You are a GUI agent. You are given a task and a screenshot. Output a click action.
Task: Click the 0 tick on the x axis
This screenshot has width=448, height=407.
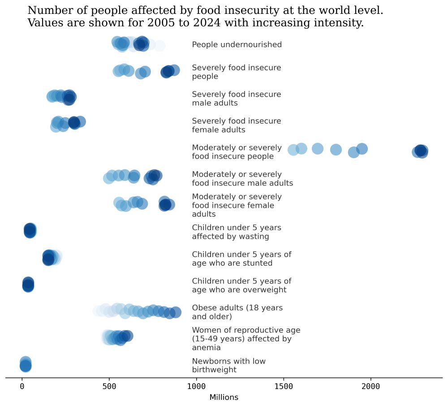coord(22,386)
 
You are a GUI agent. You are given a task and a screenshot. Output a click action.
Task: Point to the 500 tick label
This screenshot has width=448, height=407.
coord(109,386)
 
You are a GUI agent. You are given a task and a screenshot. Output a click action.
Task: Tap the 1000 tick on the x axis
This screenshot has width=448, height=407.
coord(196,386)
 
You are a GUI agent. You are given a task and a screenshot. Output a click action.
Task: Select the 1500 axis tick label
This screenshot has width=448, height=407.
coord(284,386)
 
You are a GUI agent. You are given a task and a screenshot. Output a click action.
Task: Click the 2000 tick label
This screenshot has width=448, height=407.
coord(370,386)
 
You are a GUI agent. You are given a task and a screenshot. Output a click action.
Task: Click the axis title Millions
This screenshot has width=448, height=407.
coord(224,398)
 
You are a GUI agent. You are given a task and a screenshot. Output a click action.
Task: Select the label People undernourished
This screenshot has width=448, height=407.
coord(237,44)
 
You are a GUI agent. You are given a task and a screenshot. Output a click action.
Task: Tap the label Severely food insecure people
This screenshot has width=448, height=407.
coord(236,72)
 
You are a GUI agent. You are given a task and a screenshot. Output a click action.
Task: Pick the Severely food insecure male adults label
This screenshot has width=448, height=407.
coord(236,99)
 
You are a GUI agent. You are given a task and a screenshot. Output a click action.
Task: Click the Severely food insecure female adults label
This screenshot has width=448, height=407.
coord(236,125)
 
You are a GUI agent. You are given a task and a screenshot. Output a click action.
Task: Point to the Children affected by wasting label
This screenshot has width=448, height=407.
coord(236,232)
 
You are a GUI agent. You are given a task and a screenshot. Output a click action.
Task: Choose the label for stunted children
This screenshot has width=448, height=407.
coord(241,259)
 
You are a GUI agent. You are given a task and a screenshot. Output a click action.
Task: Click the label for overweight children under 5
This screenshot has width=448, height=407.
coord(241,285)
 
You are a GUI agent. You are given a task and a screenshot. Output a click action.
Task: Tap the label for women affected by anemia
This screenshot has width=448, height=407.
coord(246,338)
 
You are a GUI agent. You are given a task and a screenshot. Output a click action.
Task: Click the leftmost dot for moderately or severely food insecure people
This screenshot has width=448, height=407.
coord(293,150)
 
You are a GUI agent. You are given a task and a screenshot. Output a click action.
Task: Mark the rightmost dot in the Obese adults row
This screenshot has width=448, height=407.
coord(176,313)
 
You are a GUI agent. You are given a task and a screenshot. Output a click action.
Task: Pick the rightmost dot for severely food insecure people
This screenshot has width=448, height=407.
coord(174,70)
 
